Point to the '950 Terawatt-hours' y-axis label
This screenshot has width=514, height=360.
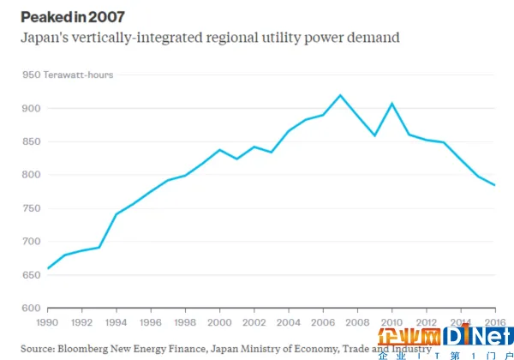pos(68,75)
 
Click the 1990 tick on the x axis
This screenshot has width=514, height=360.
pos(47,323)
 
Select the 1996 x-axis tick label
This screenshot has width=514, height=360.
pos(150,323)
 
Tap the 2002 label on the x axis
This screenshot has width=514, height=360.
pos(254,323)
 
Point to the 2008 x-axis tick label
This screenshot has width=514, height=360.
pos(357,323)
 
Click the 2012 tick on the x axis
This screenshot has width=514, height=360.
pos(426,323)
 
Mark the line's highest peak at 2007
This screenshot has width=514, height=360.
pos(340,95)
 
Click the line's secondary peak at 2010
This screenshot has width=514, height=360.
pos(391,104)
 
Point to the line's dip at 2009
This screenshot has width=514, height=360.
pos(374,135)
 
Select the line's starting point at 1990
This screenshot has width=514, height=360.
pos(47,268)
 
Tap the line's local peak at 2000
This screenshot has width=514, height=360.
pos(219,150)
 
